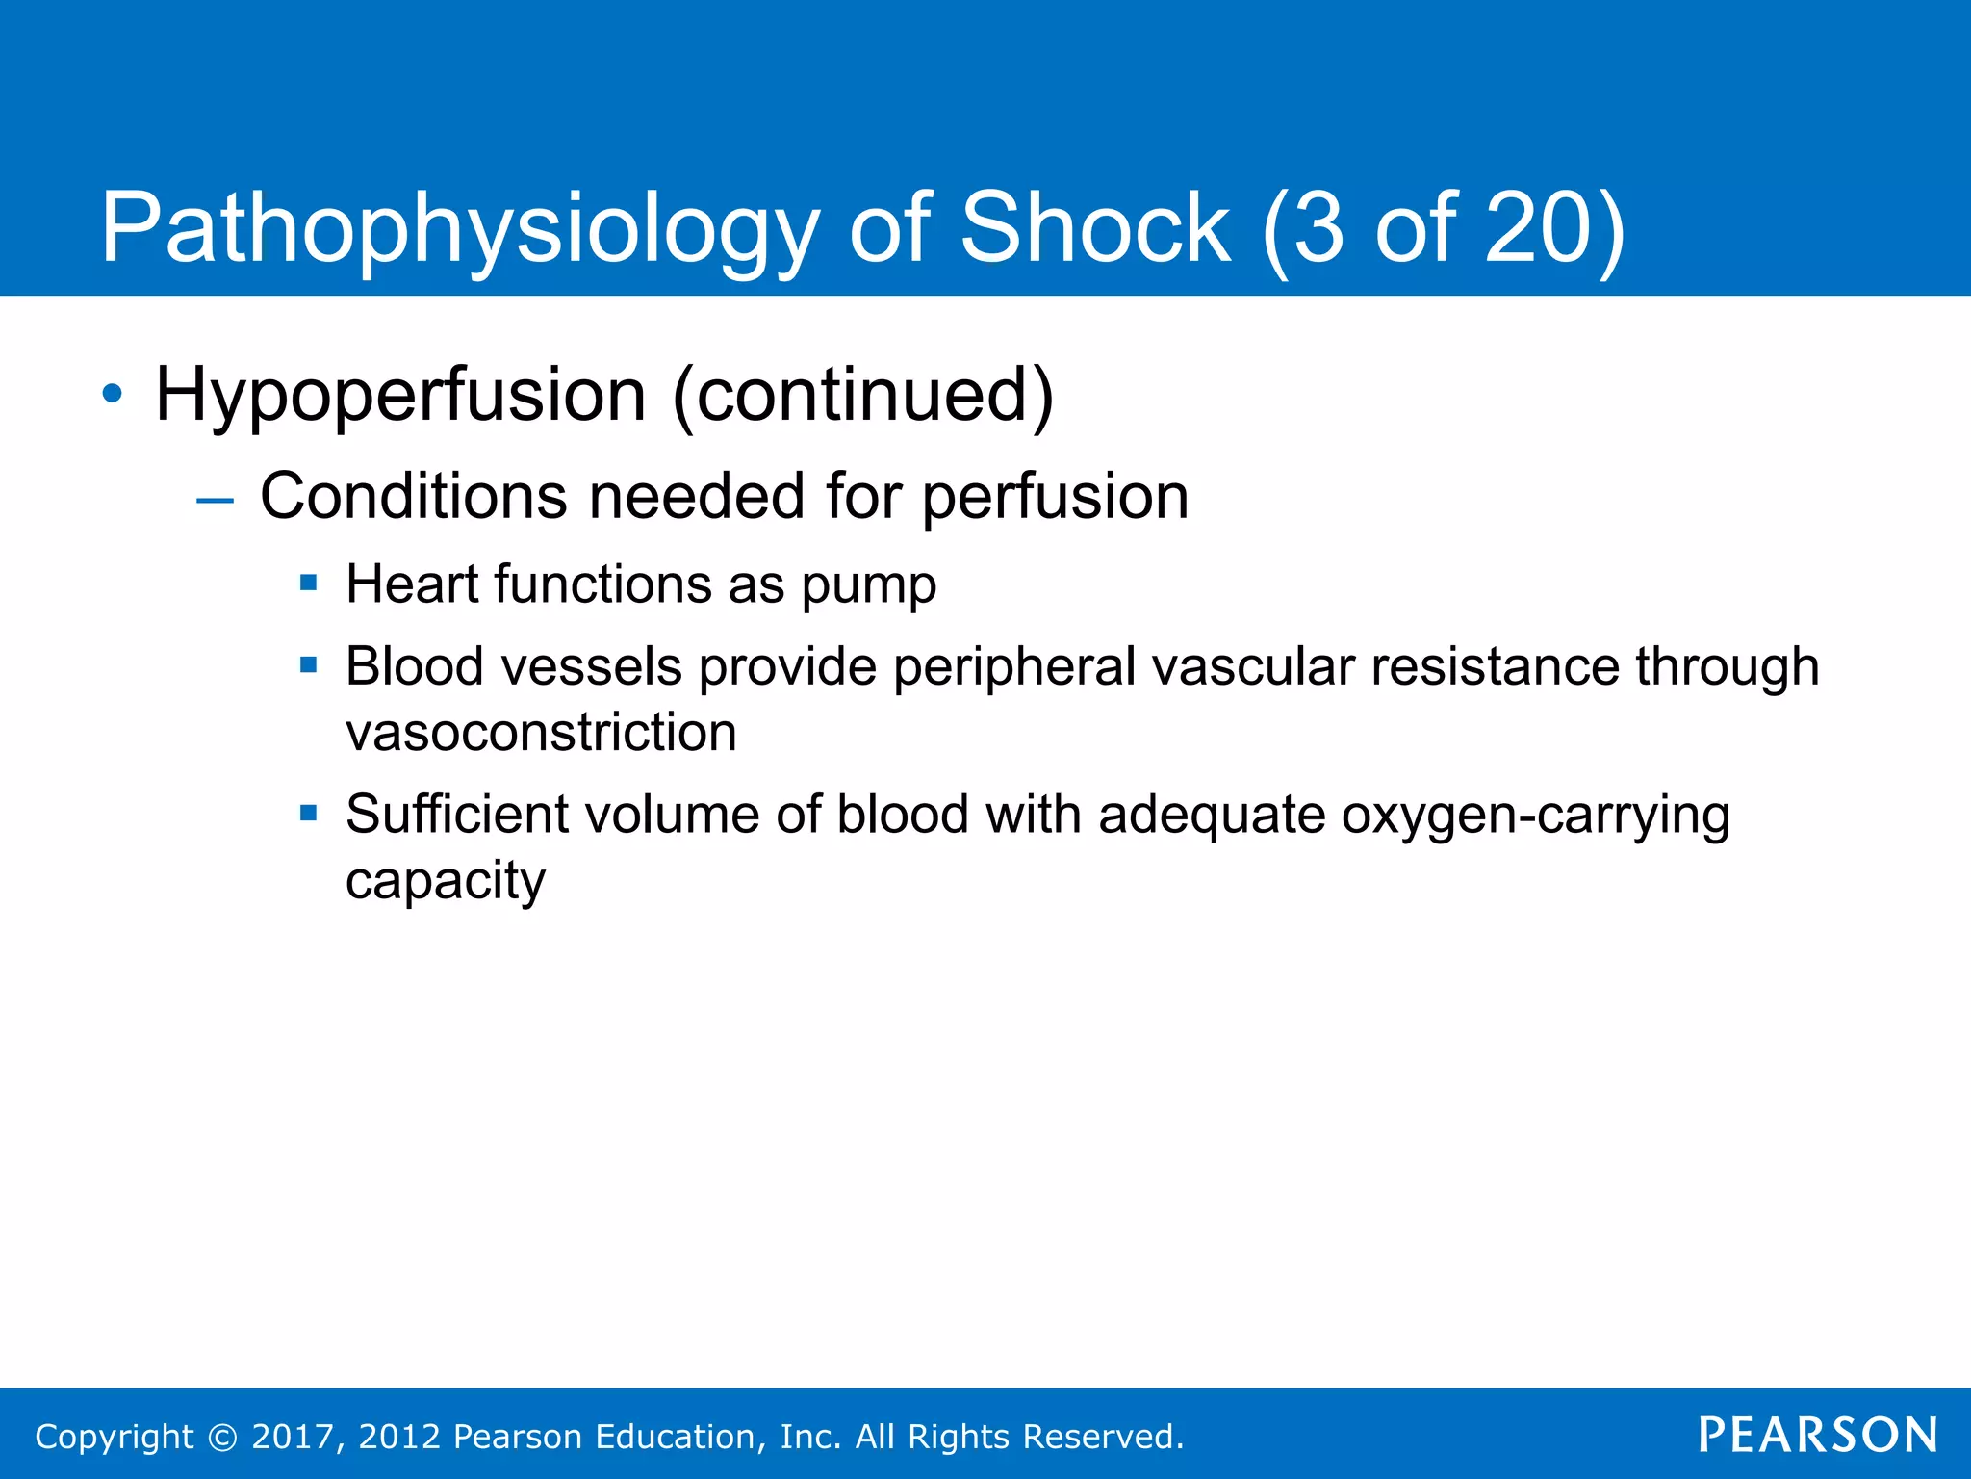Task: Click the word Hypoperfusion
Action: click(x=400, y=396)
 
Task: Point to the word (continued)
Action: click(x=862, y=396)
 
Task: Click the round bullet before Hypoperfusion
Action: click(x=113, y=394)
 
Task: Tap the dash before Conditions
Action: click(x=214, y=501)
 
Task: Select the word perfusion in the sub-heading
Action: click(x=1055, y=498)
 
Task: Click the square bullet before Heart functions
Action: click(x=308, y=582)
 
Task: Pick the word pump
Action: click(x=868, y=586)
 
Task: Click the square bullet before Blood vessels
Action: click(x=308, y=664)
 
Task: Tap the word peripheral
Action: click(x=1014, y=667)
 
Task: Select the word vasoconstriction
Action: click(x=541, y=733)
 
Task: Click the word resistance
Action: click(x=1495, y=666)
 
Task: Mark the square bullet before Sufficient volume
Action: click(x=308, y=813)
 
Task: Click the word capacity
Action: click(x=445, y=882)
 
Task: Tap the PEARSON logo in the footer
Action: click(x=1817, y=1435)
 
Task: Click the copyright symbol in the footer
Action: click(x=222, y=1438)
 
